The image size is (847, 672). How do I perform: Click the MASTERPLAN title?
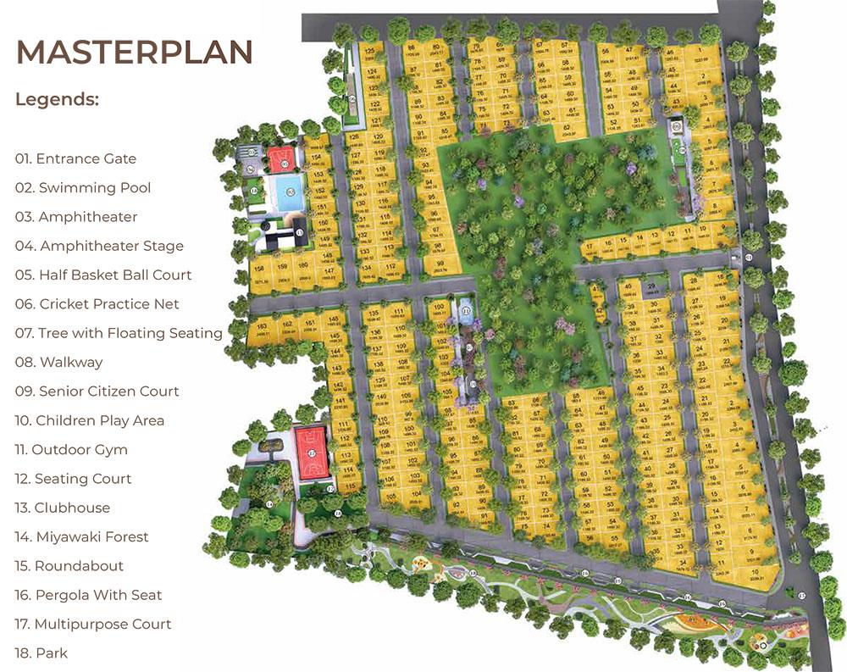(135, 52)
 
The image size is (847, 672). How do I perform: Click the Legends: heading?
(57, 99)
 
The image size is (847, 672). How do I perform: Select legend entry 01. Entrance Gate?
(75, 158)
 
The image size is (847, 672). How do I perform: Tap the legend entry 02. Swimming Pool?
(83, 187)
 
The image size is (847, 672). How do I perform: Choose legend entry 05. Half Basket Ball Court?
(103, 275)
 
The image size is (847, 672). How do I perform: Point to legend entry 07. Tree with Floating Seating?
(119, 333)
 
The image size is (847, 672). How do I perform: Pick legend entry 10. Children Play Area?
(90, 420)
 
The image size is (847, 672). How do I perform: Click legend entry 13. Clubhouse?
(63, 508)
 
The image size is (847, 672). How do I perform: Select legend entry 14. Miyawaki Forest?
(82, 536)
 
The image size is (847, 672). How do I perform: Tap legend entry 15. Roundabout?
(69, 565)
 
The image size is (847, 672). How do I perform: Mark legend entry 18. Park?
(42, 653)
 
